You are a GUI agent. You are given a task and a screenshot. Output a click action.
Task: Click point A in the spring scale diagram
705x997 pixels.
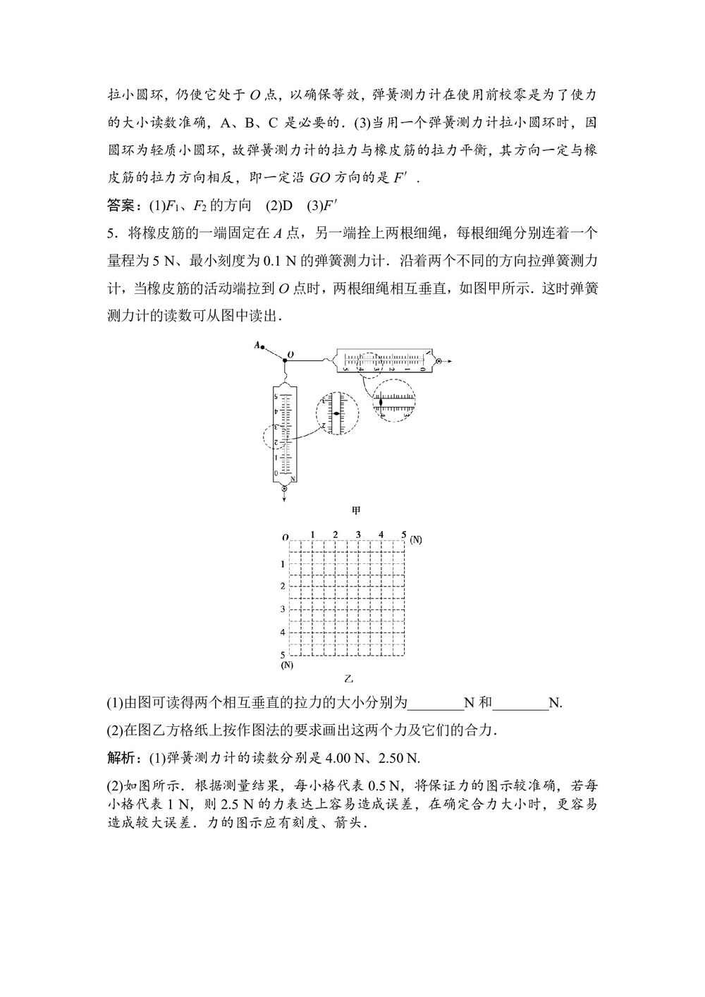click(x=262, y=346)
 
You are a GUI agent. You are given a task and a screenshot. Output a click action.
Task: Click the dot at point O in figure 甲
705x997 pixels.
click(x=285, y=360)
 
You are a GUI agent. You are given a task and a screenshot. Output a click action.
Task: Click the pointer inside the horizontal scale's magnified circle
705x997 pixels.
click(x=381, y=402)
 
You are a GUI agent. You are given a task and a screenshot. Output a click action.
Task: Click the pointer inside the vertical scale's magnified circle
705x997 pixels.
click(x=336, y=413)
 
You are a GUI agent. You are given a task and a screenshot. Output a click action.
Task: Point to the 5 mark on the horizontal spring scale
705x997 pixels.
click(x=345, y=369)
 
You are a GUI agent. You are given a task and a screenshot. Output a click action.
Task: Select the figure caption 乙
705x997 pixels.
click(x=348, y=679)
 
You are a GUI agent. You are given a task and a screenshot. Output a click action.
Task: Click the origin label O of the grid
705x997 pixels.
click(x=285, y=537)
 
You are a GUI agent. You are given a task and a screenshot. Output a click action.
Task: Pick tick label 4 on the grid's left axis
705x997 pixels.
click(x=283, y=632)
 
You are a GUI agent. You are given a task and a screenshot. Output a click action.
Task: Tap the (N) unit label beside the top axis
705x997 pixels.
click(x=416, y=539)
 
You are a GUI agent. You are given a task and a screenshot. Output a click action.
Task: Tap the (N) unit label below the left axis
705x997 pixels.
click(x=287, y=665)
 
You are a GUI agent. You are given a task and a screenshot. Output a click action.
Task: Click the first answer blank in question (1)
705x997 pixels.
click(x=436, y=703)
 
